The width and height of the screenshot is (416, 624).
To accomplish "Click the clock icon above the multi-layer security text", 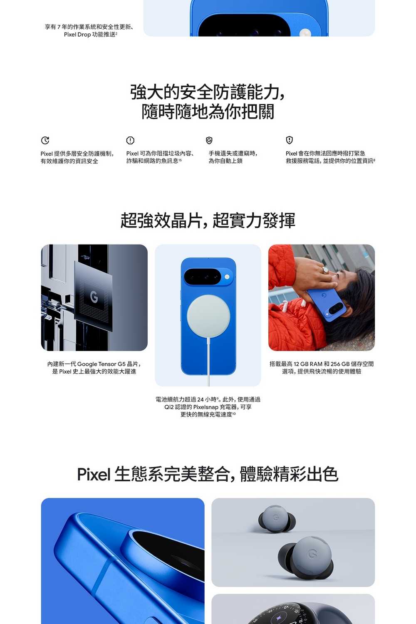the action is click(45, 140).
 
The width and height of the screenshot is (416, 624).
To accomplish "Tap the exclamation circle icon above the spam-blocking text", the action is click(130, 140).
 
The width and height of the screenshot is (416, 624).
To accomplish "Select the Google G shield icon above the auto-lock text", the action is click(209, 140).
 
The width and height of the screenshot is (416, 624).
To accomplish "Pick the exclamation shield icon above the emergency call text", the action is click(289, 140).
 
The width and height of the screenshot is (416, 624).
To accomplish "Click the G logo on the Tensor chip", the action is click(94, 297).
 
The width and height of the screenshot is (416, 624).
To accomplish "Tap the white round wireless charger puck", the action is click(208, 316).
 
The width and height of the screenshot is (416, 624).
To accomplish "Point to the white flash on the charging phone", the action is click(227, 277).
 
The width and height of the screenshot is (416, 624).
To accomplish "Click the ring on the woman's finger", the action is click(325, 270).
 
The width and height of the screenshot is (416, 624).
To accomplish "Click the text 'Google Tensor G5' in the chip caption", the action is click(102, 364).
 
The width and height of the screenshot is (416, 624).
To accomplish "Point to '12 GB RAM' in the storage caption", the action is click(308, 364).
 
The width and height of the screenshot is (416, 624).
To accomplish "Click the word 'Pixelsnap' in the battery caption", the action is click(206, 407).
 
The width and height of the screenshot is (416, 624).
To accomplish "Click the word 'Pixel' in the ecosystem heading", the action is click(94, 474).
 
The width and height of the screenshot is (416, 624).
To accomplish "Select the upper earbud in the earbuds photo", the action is click(277, 519).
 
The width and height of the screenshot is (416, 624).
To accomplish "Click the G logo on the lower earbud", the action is click(313, 554).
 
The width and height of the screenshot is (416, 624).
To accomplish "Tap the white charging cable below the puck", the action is click(208, 362).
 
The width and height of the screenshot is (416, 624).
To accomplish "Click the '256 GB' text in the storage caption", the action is click(340, 364).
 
